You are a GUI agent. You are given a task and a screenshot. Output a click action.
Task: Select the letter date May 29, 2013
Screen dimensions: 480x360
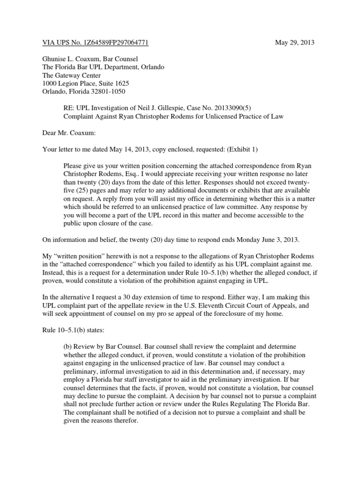[294, 43]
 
